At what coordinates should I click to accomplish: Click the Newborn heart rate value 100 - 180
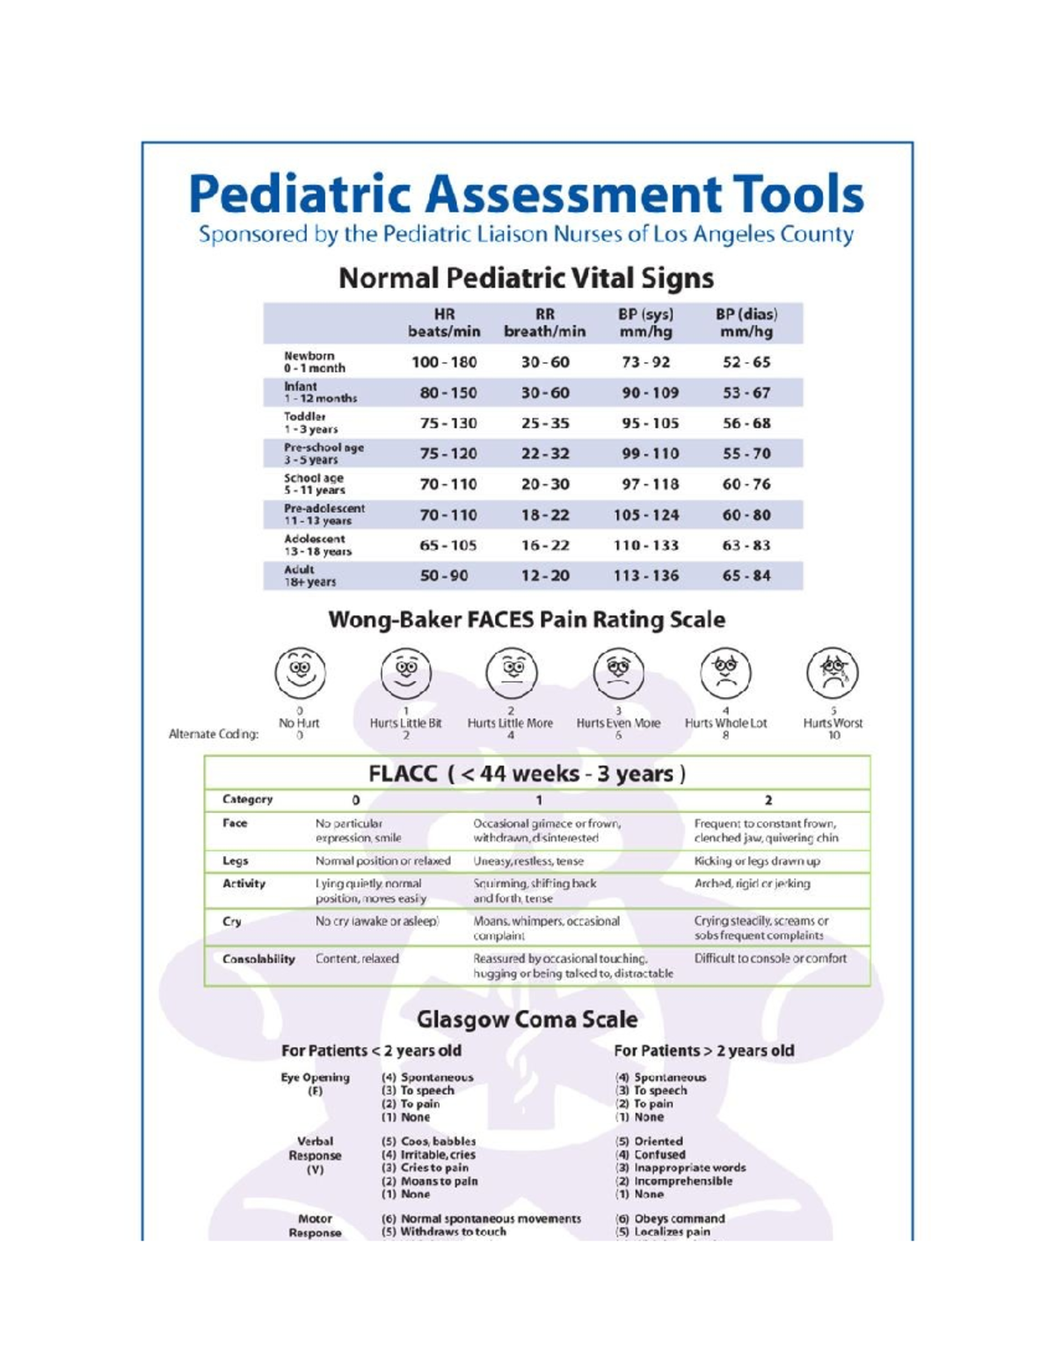[x=444, y=362]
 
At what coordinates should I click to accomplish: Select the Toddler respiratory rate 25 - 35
[x=545, y=423]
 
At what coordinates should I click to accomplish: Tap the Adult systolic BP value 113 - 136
[x=646, y=576]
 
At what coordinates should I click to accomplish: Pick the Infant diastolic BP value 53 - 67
[x=746, y=393]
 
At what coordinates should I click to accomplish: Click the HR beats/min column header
[x=444, y=323]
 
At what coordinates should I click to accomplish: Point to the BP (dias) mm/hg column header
[x=746, y=323]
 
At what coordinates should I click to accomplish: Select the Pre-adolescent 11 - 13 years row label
[x=324, y=514]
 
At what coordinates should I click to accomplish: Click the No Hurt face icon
[x=300, y=672]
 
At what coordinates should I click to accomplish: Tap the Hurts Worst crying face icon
[x=833, y=672]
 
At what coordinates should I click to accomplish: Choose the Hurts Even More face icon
[x=619, y=672]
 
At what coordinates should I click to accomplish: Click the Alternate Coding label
[x=214, y=734]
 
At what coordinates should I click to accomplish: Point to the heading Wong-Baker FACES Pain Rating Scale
[x=527, y=620]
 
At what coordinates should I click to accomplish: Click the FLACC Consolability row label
[x=258, y=959]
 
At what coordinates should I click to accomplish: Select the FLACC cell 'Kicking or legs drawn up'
[x=757, y=861]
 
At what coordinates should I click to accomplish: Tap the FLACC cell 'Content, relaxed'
[x=357, y=959]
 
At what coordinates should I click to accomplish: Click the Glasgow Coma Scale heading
[x=527, y=1020]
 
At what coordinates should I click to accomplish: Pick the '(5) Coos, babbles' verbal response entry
[x=428, y=1141]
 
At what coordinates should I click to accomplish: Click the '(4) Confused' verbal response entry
[x=650, y=1154]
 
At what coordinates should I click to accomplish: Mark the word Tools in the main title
[x=798, y=194]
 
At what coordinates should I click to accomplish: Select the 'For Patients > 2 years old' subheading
[x=703, y=1050]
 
